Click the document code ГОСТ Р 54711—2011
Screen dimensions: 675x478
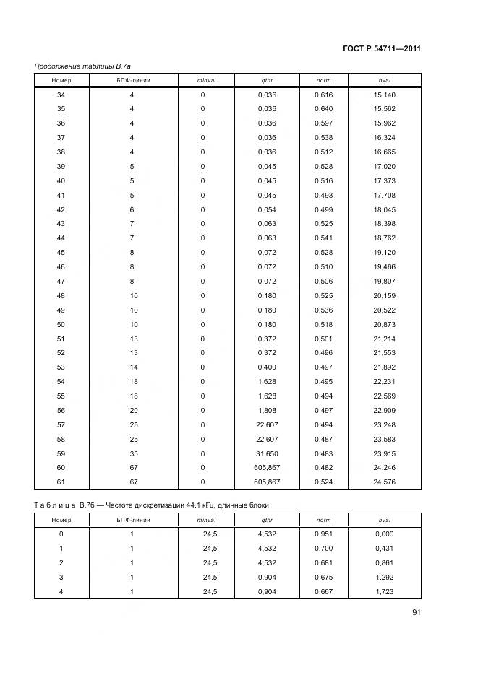click(x=382, y=49)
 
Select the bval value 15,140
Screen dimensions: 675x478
click(x=384, y=95)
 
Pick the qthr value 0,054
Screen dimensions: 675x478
click(x=267, y=209)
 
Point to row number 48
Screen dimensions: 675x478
click(x=61, y=295)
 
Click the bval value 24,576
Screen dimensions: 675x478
click(x=384, y=482)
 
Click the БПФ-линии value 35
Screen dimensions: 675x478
click(x=132, y=453)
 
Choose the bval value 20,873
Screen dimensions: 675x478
click(x=384, y=324)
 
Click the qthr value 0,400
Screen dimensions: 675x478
click(x=267, y=367)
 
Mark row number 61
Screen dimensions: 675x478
click(x=61, y=482)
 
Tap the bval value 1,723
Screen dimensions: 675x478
click(x=384, y=591)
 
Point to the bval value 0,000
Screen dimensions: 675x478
click(x=384, y=534)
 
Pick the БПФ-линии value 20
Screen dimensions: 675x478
click(x=132, y=410)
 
